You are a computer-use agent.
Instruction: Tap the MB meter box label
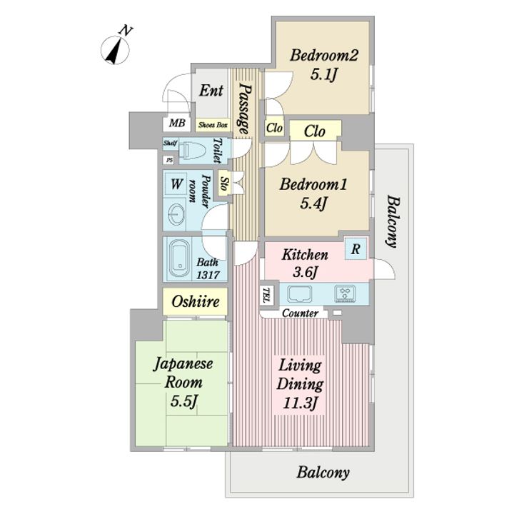click(177, 124)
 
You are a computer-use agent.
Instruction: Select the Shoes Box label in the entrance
click(213, 125)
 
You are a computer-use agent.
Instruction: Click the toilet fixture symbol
click(193, 151)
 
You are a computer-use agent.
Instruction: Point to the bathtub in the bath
click(179, 259)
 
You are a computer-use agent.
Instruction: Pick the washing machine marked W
click(176, 183)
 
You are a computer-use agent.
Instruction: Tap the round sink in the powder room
click(176, 215)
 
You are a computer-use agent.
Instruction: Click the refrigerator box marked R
click(356, 249)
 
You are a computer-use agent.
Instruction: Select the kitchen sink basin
click(300, 293)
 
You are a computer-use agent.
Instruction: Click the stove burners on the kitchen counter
click(346, 293)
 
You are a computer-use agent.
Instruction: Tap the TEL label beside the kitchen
click(267, 295)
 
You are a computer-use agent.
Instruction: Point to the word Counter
click(300, 313)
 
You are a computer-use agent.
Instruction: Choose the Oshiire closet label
click(196, 301)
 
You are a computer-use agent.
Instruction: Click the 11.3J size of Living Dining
click(301, 403)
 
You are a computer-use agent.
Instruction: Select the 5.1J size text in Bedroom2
click(324, 75)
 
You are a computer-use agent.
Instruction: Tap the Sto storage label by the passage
click(224, 183)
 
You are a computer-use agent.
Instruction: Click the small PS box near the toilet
click(169, 161)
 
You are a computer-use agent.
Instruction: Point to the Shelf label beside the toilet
click(171, 143)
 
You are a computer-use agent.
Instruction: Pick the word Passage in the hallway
click(245, 109)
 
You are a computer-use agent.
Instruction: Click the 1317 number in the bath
click(208, 274)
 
